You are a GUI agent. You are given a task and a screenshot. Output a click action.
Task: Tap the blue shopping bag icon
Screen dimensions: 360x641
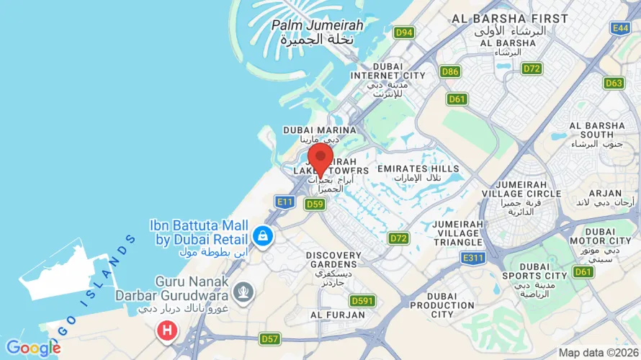click(x=261, y=235)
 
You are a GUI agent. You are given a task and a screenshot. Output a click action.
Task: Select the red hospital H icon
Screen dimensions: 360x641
click(x=167, y=331)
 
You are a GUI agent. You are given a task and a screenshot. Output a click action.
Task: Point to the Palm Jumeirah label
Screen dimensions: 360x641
click(x=317, y=32)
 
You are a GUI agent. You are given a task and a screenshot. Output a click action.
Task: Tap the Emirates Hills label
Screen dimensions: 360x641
click(x=418, y=173)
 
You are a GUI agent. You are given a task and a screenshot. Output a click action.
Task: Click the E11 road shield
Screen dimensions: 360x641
click(x=285, y=202)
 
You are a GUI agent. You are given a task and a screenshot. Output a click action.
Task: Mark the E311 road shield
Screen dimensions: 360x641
click(x=473, y=258)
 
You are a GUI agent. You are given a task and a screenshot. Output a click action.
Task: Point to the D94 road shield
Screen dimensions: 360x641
click(x=404, y=32)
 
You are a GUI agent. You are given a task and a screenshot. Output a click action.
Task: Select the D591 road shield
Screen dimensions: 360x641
click(x=362, y=300)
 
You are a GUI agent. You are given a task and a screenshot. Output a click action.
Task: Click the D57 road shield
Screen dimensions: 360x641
click(x=270, y=338)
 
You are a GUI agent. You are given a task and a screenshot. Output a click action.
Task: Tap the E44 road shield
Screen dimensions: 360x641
click(x=620, y=27)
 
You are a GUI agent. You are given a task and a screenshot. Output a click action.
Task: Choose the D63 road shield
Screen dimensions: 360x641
click(x=614, y=83)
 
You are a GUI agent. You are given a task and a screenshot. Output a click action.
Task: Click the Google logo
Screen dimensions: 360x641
click(x=32, y=348)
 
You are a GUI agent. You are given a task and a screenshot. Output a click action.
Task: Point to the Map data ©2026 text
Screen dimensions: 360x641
click(x=597, y=353)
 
